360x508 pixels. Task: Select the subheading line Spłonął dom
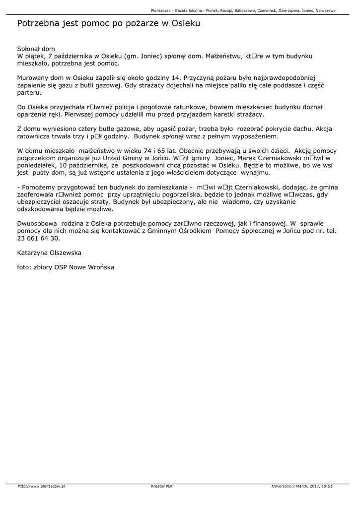[36, 49]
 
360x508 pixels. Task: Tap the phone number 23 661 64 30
[38, 238]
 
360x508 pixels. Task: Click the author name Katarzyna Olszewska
[49, 253]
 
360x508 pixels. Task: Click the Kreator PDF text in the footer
[162, 486]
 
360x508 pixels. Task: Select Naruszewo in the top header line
[325, 10]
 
